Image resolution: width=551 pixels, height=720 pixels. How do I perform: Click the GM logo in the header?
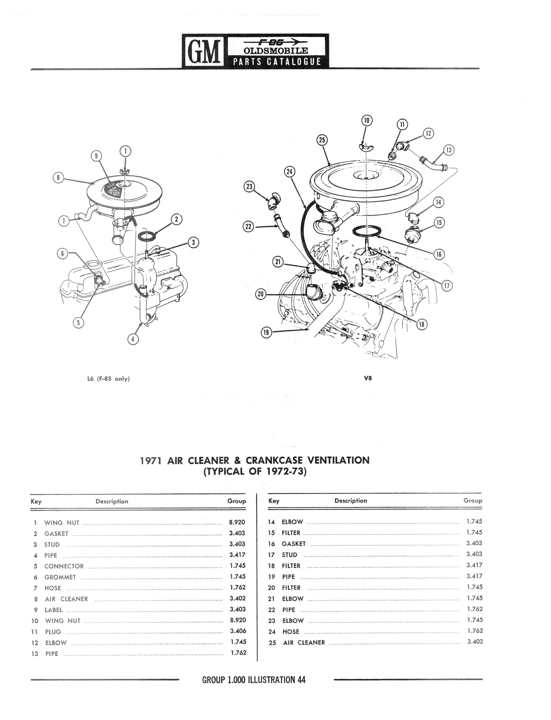203,51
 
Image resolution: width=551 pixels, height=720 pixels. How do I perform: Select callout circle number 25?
322,140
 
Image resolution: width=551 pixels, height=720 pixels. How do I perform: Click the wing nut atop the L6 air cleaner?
125,171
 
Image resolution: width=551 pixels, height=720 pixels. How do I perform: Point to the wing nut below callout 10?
365,147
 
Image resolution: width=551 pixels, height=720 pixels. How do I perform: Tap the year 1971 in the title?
151,461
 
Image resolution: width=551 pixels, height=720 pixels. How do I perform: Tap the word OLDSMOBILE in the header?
276,51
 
